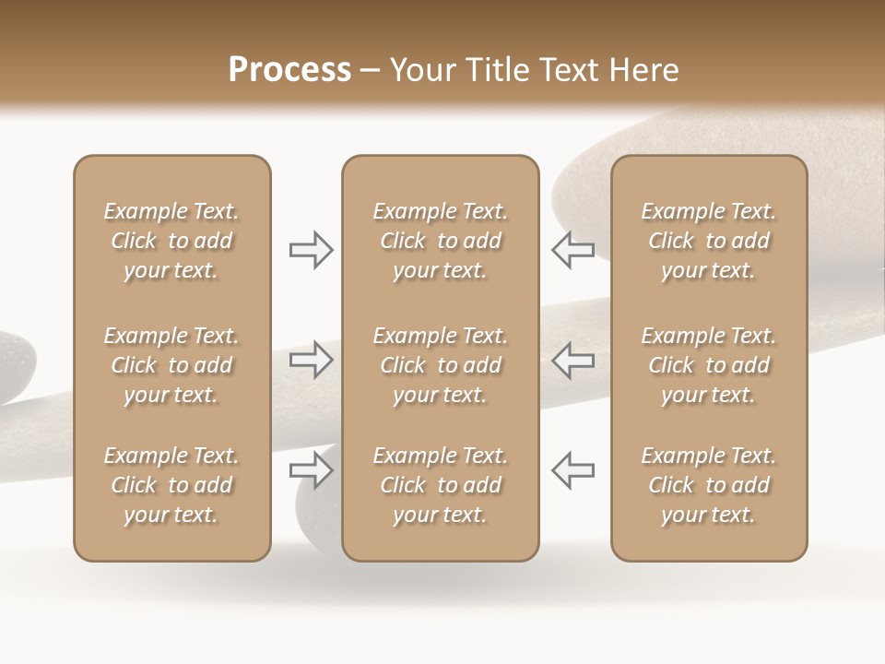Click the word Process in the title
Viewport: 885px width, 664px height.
289,70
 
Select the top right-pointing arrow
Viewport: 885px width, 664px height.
311,250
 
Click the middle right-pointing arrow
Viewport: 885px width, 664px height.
311,360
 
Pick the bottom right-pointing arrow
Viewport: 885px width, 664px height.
311,470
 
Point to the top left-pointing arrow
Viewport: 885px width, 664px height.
572,250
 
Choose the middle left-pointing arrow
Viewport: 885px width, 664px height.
572,360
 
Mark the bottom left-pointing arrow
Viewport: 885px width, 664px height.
572,470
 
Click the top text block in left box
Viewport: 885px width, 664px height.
171,241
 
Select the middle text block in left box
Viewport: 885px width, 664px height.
171,365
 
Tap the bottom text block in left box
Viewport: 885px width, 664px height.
171,485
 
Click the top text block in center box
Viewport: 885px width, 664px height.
440,241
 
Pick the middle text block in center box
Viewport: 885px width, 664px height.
440,365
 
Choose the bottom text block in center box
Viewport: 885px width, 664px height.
440,485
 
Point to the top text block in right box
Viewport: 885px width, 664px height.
708,241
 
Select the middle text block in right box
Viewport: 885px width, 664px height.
708,365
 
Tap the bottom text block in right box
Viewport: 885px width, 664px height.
708,485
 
